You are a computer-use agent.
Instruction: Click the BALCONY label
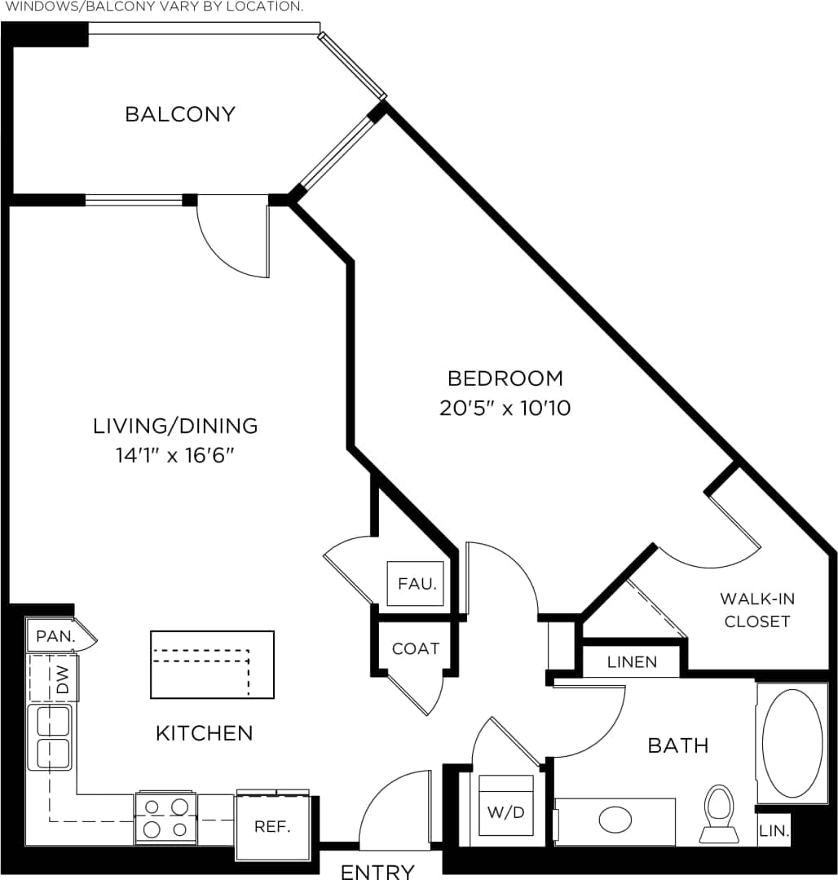point(179,114)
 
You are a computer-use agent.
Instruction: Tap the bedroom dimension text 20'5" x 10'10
point(505,408)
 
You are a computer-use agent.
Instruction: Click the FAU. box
point(417,584)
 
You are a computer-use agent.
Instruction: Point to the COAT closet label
point(416,648)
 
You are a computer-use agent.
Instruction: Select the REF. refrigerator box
point(272,826)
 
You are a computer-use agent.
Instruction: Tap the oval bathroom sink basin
point(615,820)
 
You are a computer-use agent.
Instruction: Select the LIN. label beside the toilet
point(774,832)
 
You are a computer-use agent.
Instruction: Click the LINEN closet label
point(632,662)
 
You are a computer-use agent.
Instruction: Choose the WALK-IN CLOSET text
point(757,610)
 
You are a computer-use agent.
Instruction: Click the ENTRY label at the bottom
point(377,871)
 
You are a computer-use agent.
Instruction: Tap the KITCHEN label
point(204,733)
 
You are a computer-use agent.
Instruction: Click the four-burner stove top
point(165,818)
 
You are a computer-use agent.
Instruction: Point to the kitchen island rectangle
point(212,665)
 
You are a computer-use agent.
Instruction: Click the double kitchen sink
point(51,737)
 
